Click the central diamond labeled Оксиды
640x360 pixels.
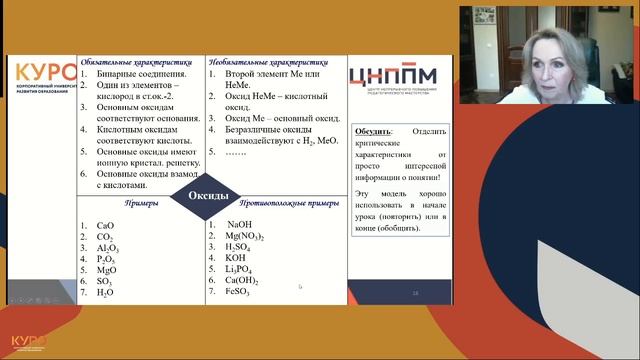point(208,196)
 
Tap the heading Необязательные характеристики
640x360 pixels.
point(269,62)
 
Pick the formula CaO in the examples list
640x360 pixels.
point(105,227)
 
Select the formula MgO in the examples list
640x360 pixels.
point(106,270)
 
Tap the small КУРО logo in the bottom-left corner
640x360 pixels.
point(28,343)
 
